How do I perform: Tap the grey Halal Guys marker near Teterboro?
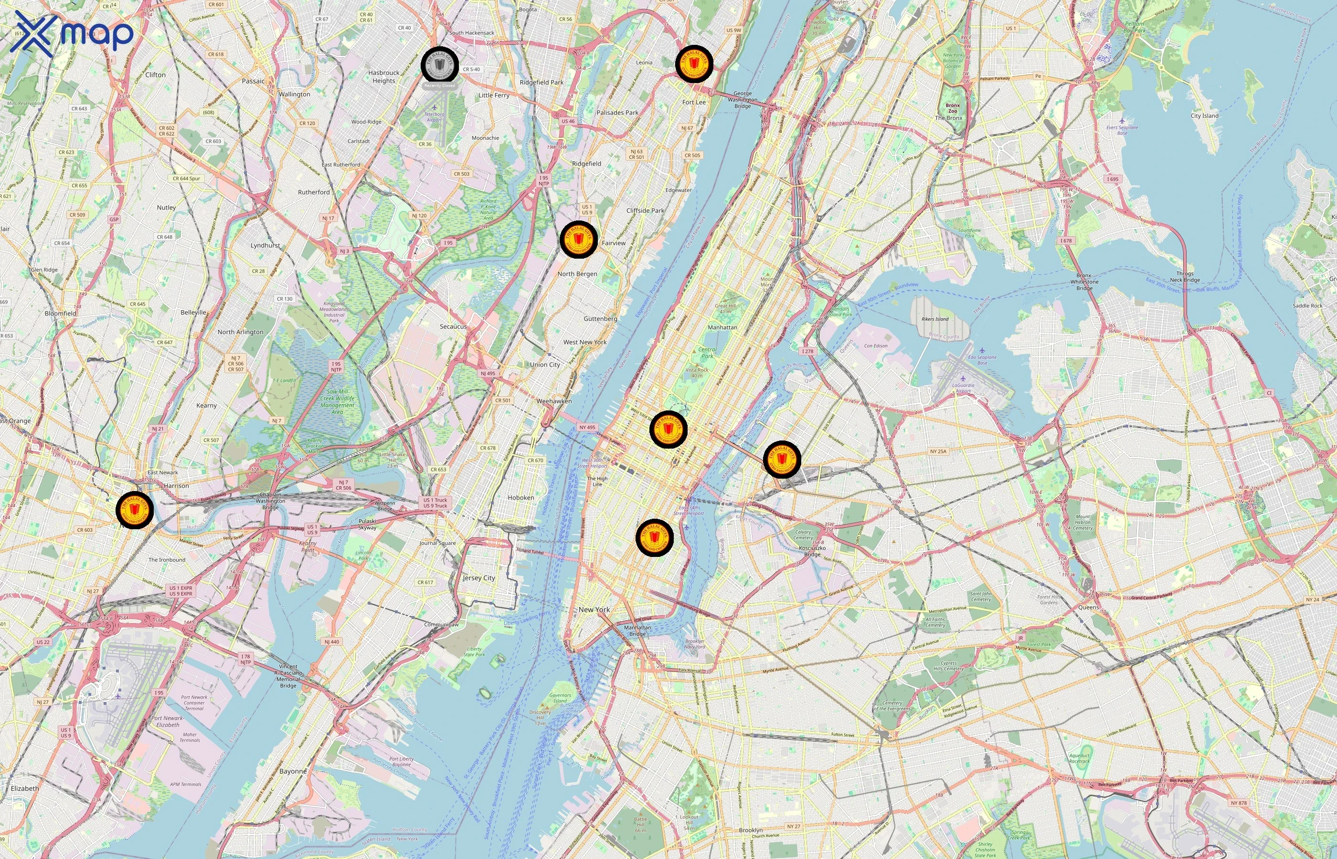tap(440, 65)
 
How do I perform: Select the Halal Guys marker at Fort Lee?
tap(694, 64)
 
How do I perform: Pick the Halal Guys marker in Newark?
tap(135, 510)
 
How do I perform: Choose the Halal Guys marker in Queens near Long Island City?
tap(781, 460)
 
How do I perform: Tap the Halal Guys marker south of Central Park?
tap(668, 429)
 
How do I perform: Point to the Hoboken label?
tap(520, 498)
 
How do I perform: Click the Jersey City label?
tap(479, 578)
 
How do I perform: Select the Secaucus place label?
tap(453, 326)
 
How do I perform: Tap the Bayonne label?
tap(293, 771)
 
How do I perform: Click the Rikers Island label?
tap(934, 319)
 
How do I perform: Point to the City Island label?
tap(1204, 116)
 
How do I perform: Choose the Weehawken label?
tap(553, 401)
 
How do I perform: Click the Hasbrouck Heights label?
tap(384, 76)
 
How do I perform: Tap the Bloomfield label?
tap(60, 314)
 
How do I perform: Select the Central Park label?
tap(707, 353)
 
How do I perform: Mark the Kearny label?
tap(206, 406)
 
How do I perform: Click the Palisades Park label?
tap(617, 113)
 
